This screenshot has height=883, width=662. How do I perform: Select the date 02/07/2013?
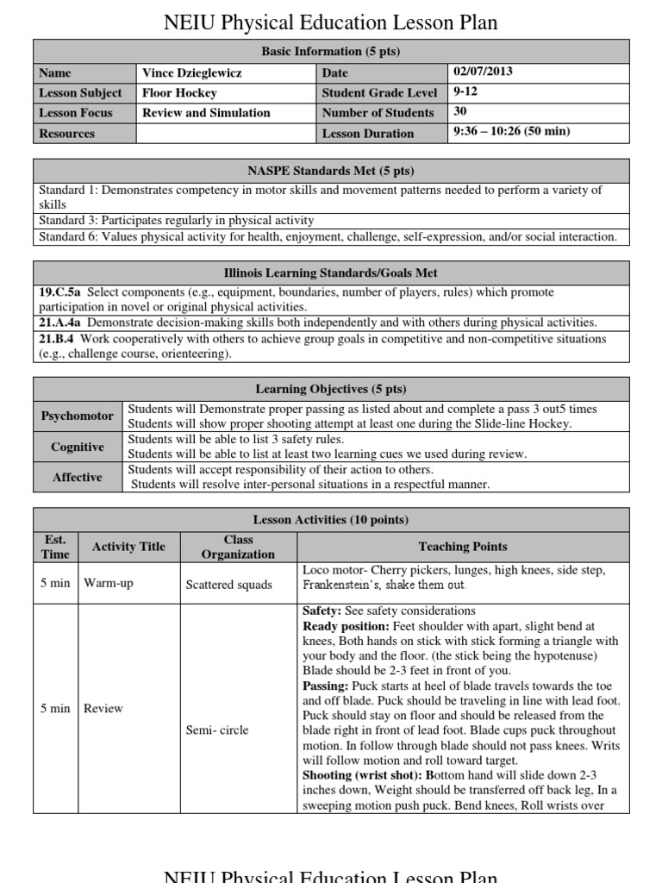click(484, 72)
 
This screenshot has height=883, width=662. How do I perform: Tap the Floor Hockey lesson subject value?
click(179, 93)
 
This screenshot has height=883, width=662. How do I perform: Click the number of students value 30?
click(461, 111)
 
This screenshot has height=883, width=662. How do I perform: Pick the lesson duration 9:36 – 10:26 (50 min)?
click(512, 132)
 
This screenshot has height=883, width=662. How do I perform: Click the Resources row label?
click(67, 134)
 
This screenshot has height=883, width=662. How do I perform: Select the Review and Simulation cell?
click(206, 113)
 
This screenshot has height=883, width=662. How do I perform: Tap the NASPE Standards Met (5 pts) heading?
click(331, 171)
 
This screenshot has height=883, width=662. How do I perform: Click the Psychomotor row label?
click(78, 416)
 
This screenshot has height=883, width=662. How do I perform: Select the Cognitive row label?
click(78, 447)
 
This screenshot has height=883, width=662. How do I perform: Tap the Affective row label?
click(78, 477)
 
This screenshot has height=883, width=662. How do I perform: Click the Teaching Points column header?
click(463, 547)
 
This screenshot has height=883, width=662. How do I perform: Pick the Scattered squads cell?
click(228, 585)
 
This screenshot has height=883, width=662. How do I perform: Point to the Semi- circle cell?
click(217, 730)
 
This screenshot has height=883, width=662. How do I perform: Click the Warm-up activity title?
click(109, 583)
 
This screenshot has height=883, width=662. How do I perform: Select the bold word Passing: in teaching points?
click(326, 686)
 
